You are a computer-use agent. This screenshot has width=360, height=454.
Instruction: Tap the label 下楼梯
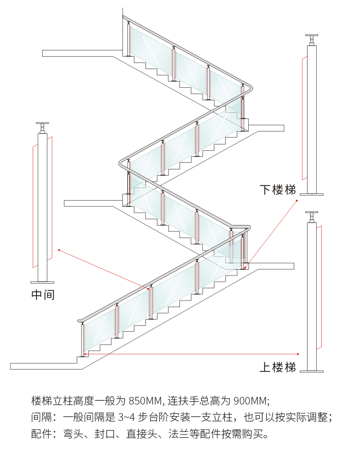tap(277, 190)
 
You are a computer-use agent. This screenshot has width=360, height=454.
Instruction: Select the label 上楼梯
tap(277, 368)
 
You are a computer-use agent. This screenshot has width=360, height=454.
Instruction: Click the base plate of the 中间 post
tap(43, 282)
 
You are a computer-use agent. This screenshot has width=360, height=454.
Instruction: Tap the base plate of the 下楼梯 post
tap(312, 194)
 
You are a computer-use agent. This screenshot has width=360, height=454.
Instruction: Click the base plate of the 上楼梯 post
tap(312, 370)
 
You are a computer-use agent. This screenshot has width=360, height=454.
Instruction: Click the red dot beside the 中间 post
tap(59, 250)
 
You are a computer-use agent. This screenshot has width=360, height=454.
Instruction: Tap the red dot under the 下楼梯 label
tap(297, 201)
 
